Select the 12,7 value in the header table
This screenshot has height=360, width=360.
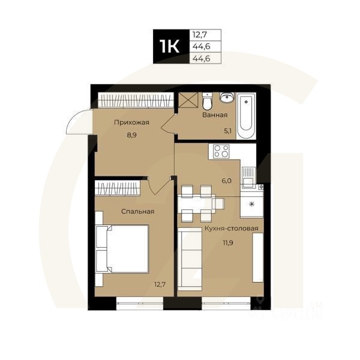[198, 34]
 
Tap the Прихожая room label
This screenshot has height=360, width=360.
[131, 123]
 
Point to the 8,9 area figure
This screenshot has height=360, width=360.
[131, 136]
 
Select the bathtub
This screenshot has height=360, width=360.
[247, 113]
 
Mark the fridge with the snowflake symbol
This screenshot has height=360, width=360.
[252, 205]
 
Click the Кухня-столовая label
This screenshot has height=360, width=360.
[231, 229]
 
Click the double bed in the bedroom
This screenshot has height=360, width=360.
[124, 248]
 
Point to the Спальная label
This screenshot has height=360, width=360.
[137, 211]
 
